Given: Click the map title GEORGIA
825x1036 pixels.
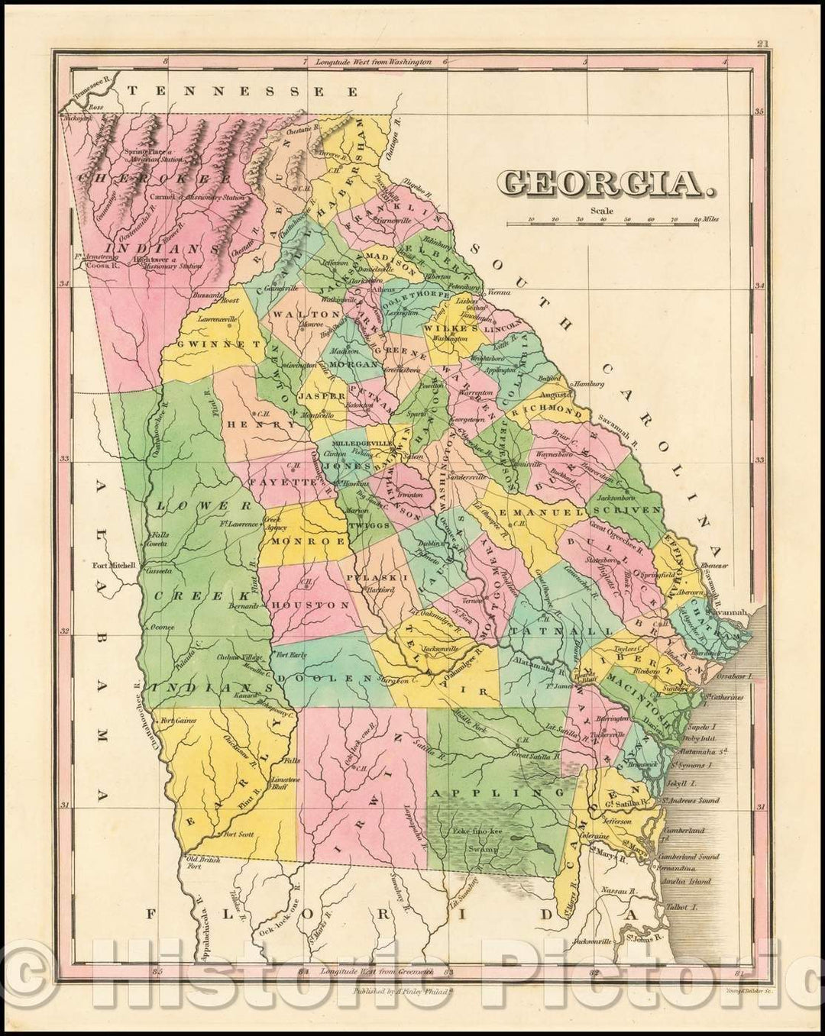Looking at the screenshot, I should click(601, 182).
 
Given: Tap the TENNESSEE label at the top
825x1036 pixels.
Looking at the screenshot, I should click(242, 91).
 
